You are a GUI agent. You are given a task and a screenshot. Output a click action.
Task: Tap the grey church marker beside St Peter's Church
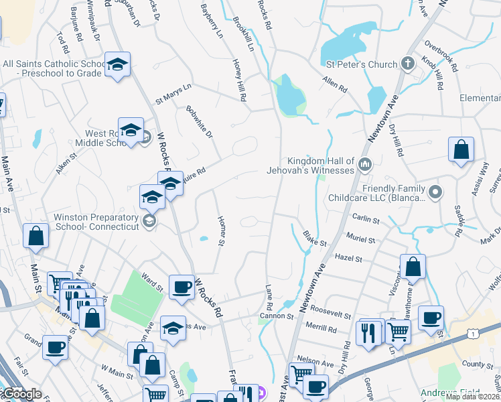(407, 65)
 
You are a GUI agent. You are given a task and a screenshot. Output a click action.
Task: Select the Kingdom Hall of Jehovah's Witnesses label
(320, 166)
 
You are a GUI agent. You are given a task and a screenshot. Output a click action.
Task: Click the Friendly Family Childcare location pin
(435, 193)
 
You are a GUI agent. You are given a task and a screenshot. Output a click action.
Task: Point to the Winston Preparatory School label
(96, 222)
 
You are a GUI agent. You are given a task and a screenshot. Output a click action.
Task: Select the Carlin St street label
(366, 220)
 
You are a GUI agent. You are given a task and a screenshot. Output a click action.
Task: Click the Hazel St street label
(348, 258)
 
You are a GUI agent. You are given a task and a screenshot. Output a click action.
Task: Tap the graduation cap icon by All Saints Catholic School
(118, 65)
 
